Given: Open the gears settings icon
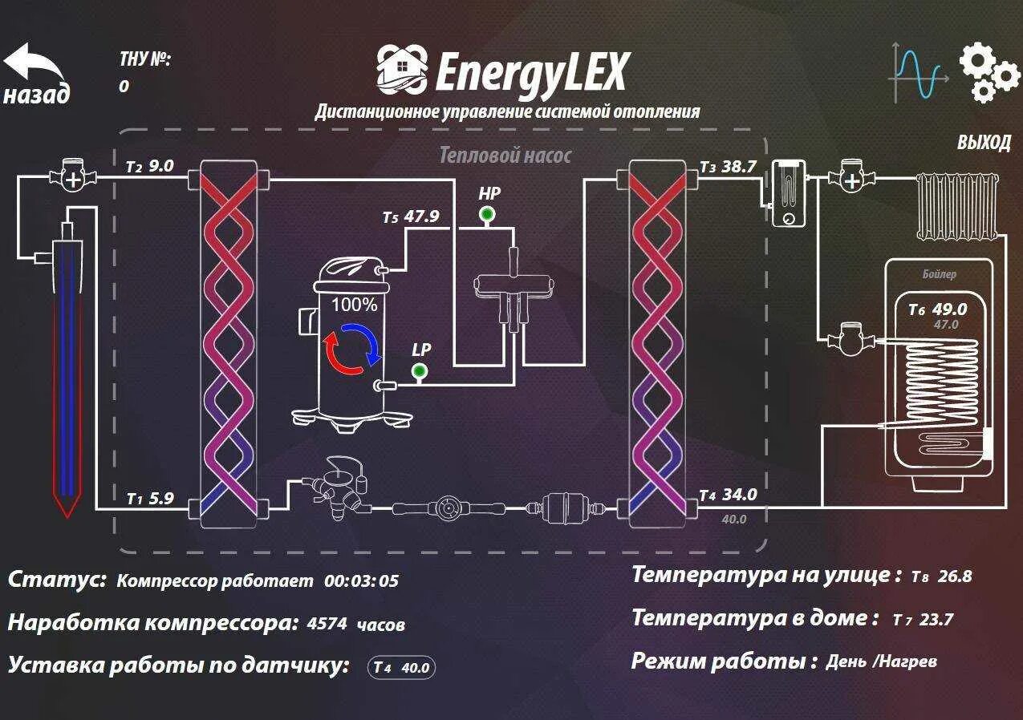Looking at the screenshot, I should [988, 73].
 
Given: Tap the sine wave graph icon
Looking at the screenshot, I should [918, 75].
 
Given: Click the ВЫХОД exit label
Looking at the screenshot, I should [984, 143].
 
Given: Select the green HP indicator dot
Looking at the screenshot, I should [485, 214].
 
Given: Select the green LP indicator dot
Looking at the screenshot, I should [419, 370].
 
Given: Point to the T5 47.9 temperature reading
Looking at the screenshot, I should [411, 216].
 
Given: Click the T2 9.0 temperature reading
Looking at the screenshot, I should [150, 167].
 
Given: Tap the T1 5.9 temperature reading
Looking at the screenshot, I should [150, 499].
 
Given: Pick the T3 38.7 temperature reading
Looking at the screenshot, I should [728, 167].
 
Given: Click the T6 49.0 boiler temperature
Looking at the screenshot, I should [937, 309].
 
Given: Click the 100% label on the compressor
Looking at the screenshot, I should [354, 305].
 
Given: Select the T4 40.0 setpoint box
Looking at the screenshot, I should [402, 667].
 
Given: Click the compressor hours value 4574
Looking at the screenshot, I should [327, 624].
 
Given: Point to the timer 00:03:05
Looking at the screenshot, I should [361, 581].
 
